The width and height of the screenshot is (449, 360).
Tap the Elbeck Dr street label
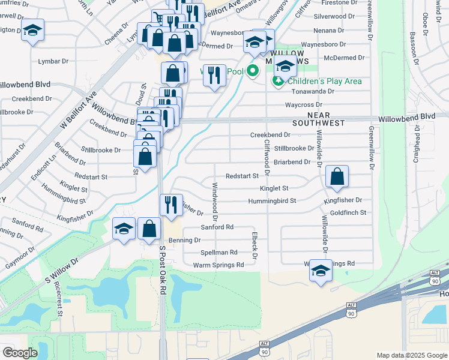pyautogui.click(x=255, y=247)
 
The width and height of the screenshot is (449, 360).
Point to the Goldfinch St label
pyautogui.click(x=348, y=213)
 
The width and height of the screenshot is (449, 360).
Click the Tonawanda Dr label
pyautogui.click(x=321, y=91)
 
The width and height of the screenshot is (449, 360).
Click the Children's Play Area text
pyautogui.click(x=325, y=81)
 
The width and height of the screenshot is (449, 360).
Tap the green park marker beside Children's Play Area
pyautogui.click(x=278, y=80)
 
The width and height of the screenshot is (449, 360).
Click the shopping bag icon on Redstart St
pyautogui.click(x=337, y=176)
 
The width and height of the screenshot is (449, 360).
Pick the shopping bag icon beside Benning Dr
pyautogui.click(x=149, y=229)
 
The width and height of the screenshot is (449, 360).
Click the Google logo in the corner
pyautogui.click(x=20, y=352)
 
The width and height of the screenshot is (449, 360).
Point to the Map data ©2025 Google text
pyautogui.click(x=411, y=355)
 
